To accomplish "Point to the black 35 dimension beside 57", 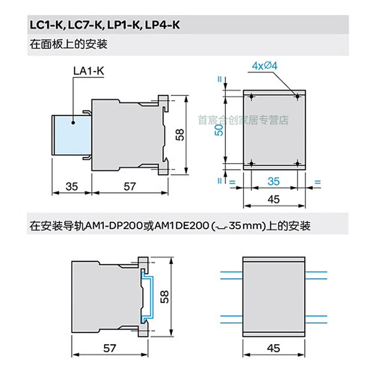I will [50, 186].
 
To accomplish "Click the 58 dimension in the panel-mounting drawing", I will [179, 135].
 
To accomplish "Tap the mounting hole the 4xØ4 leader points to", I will [298, 96].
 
